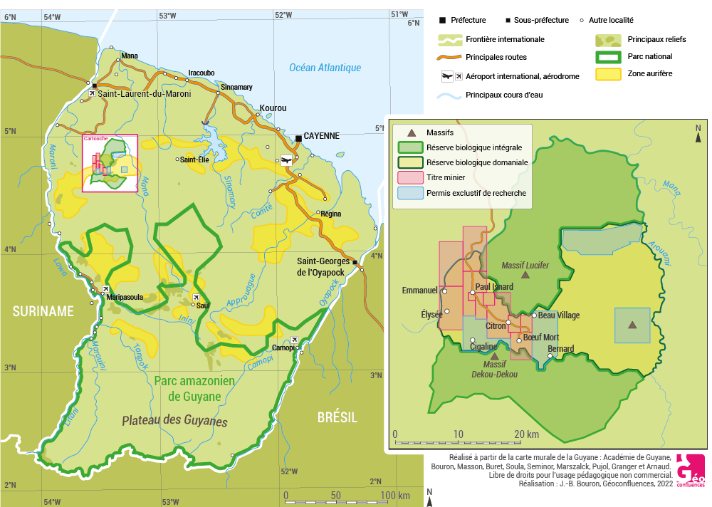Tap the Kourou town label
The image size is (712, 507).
273,108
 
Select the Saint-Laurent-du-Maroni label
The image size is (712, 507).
145,93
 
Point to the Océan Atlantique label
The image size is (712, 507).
325,68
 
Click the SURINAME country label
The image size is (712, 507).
43,311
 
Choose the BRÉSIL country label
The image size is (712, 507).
337,417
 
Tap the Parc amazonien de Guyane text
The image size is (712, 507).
194,388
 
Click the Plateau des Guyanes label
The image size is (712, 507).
174,422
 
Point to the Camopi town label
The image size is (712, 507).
284,347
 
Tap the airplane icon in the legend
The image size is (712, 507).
448,76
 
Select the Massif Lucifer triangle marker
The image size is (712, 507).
525,274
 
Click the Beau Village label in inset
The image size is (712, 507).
559,315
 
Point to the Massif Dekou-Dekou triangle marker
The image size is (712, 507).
494,355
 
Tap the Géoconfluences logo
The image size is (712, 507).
690,471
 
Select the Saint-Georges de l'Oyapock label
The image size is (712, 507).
324,266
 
